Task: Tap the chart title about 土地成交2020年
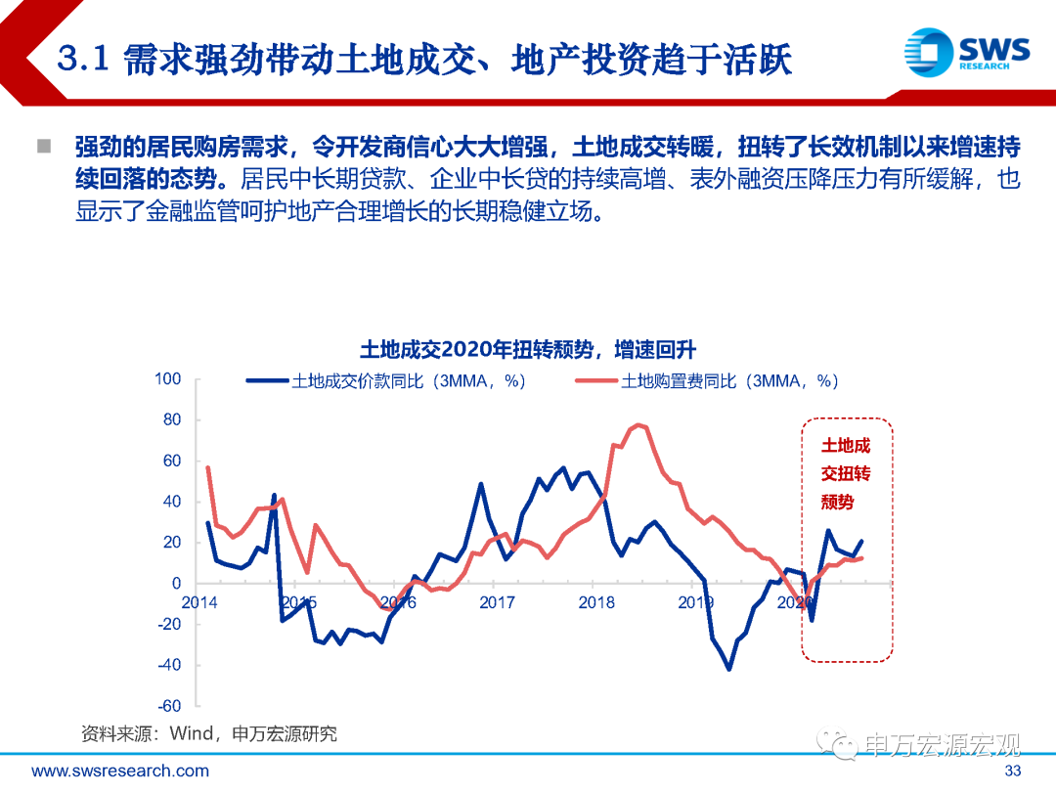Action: coord(527,350)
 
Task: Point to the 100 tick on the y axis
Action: coord(168,379)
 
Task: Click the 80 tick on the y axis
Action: coord(172,420)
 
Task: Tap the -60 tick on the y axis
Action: coord(169,706)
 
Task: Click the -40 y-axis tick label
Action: coord(169,665)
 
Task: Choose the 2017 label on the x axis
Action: coord(497,602)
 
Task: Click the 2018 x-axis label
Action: coord(596,602)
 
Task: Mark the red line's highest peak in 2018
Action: coord(638,425)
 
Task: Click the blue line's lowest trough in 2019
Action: coord(728,669)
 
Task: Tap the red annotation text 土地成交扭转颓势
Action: coord(846,474)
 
